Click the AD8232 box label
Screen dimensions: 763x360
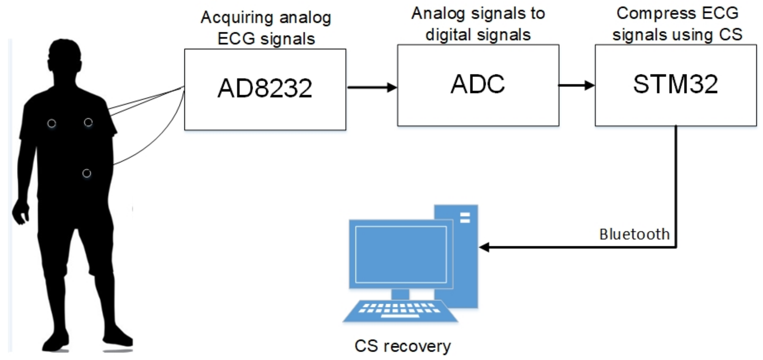tap(265, 88)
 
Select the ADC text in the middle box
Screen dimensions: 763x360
tap(477, 84)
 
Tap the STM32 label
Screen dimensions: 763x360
tap(676, 84)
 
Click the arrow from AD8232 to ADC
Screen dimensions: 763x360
tap(372, 87)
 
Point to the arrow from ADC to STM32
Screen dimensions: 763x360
tap(577, 85)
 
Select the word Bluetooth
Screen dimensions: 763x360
tap(635, 234)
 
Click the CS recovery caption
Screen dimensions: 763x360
tap(403, 346)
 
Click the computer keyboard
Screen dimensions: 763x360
tap(400, 311)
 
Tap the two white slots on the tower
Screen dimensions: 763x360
tap(465, 218)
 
